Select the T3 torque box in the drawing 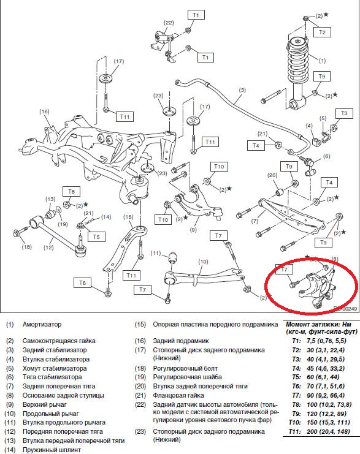pyautogui.click(x=344, y=113)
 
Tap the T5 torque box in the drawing pyautogui.click(x=96, y=236)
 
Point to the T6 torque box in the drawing pyautogui.click(x=82, y=282)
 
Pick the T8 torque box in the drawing pyautogui.click(x=72, y=192)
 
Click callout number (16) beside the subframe pyautogui.click(x=44, y=112)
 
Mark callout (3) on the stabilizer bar pyautogui.click(x=242, y=90)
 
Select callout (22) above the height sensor pyautogui.click(x=169, y=23)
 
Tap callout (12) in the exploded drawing pyautogui.click(x=48, y=248)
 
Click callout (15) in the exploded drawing pyautogui.click(x=128, y=217)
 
